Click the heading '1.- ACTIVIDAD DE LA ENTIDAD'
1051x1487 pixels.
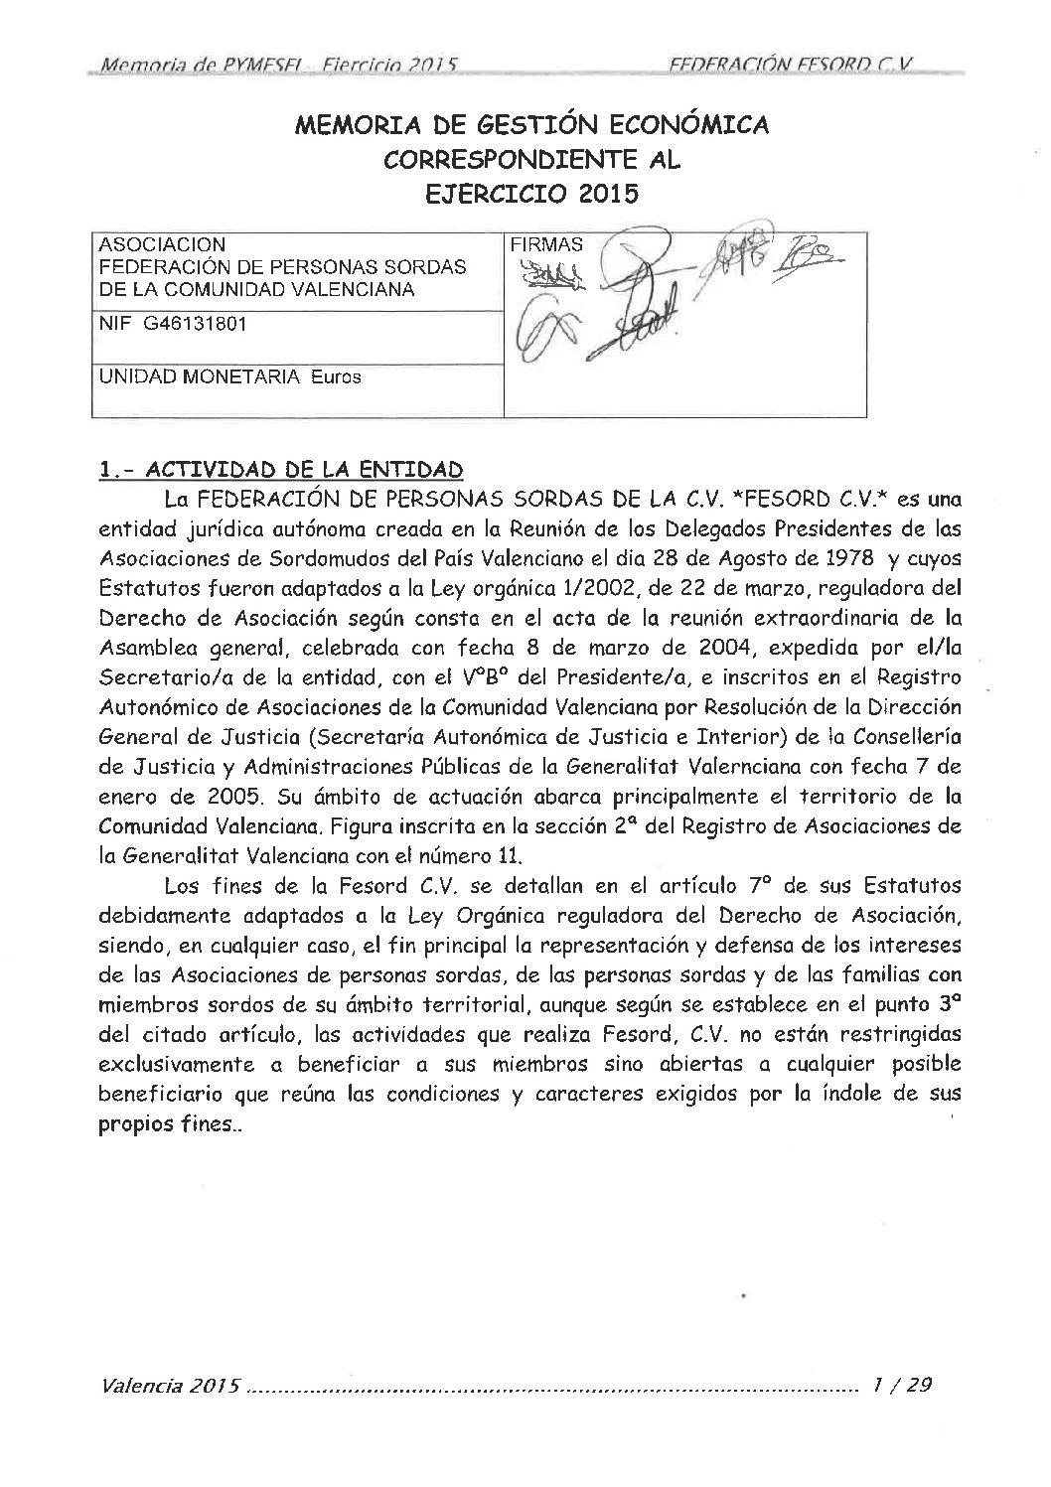[282, 469]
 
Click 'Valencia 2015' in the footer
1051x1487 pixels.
[170, 1386]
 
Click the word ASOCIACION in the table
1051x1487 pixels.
[158, 244]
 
